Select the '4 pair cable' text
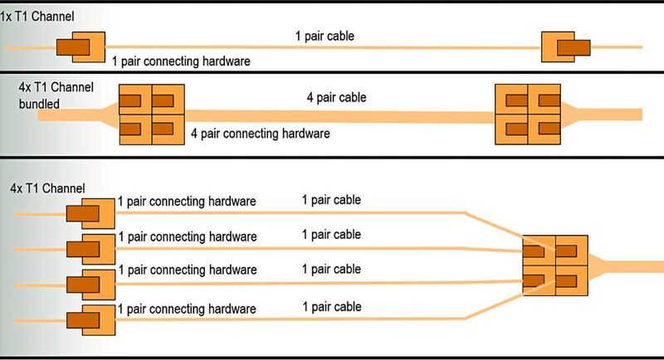pos(335,98)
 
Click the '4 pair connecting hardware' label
pos(260,133)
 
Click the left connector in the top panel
pos(81,48)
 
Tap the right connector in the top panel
pos(564,47)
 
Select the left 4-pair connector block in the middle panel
pos(151,115)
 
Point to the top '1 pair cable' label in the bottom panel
pos(331,200)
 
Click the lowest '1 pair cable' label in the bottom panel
pos(331,307)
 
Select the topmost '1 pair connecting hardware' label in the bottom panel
pos(187,202)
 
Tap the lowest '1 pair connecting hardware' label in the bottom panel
pos(187,309)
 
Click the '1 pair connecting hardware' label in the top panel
pos(180,61)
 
